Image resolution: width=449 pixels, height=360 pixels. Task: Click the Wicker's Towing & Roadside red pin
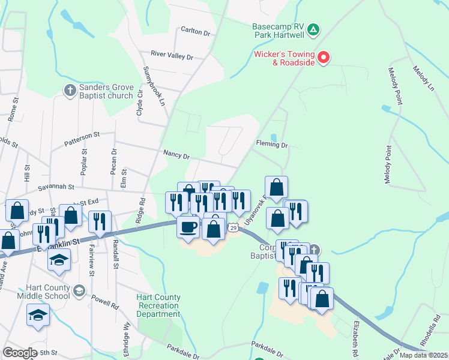[x=324, y=58]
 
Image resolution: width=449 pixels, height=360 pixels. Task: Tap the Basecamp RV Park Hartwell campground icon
[x=313, y=29]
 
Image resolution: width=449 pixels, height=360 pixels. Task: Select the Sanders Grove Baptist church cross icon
[x=70, y=91]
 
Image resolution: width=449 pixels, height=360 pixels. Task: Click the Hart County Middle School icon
[x=79, y=292]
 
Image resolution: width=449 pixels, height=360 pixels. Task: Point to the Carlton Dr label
[x=196, y=30]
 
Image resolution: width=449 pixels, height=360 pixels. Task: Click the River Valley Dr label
[x=172, y=56]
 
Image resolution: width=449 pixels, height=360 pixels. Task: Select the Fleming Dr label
[x=272, y=145]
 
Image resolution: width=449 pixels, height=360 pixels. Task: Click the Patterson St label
[x=82, y=137]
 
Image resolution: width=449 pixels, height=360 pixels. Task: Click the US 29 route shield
[x=234, y=227]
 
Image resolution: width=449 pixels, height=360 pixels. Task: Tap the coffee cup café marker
[x=188, y=227]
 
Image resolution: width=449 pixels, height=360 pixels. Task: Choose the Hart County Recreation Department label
[x=158, y=305]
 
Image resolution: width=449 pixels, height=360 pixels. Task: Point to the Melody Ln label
[x=423, y=78]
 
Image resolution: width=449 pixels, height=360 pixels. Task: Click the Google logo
[x=20, y=353]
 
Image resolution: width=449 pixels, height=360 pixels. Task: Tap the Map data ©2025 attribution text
[x=424, y=355]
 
